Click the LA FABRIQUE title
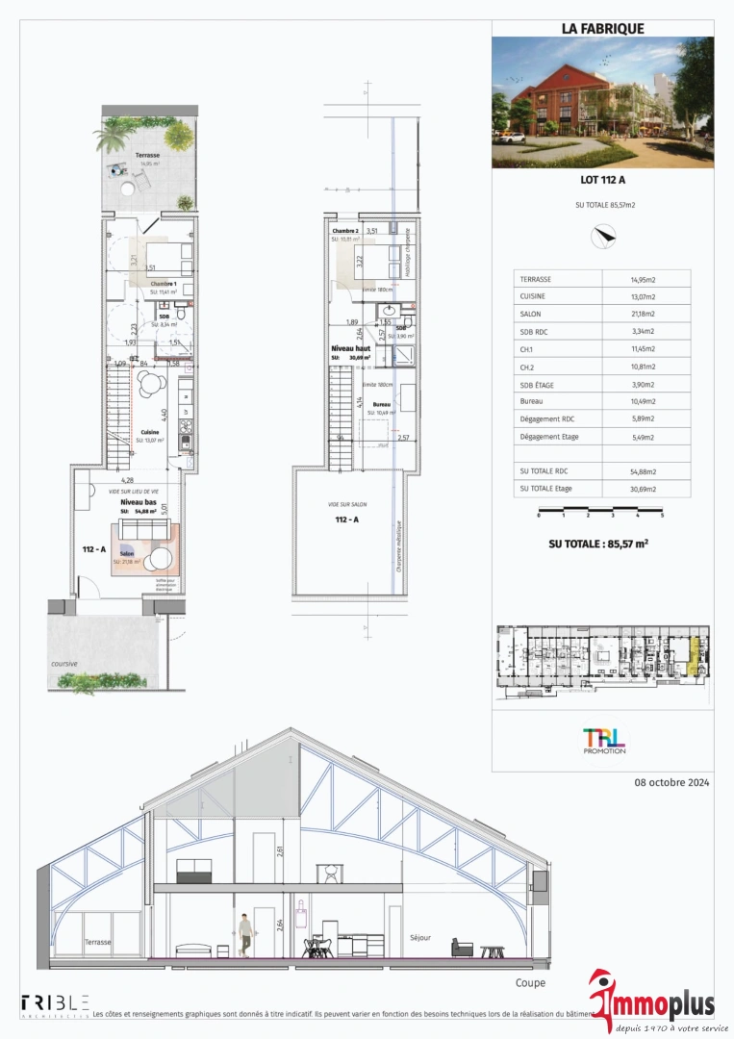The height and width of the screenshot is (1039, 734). (x=602, y=29)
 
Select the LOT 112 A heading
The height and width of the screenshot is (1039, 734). (x=602, y=179)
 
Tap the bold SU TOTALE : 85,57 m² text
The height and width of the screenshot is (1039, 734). (x=597, y=544)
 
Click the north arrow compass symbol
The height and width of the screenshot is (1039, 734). (x=603, y=233)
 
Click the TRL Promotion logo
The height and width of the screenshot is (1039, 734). (x=603, y=741)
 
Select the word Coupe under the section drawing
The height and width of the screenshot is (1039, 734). (x=530, y=982)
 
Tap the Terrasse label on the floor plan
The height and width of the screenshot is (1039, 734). (x=147, y=155)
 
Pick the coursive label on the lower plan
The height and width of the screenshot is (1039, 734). (x=63, y=664)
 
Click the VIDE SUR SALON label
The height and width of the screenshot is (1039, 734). (x=346, y=504)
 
